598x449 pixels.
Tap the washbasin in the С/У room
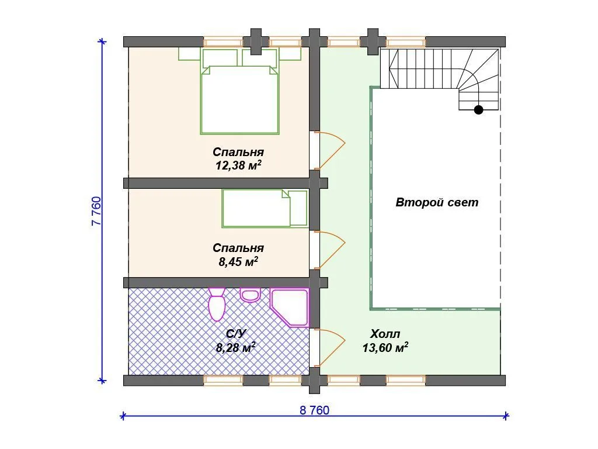(250, 295)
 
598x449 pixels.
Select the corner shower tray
(290, 308)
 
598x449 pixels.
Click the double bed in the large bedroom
(239, 92)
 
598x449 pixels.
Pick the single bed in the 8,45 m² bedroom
(265, 209)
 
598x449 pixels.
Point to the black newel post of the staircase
(479, 110)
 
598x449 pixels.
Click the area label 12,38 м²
(238, 165)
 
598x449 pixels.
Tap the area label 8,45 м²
(238, 261)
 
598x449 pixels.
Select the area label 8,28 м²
(236, 347)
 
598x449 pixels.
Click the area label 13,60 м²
(385, 347)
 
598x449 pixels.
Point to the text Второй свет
(437, 202)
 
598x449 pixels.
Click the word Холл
(385, 334)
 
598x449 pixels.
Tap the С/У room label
(236, 334)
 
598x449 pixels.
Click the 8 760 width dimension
(314, 410)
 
